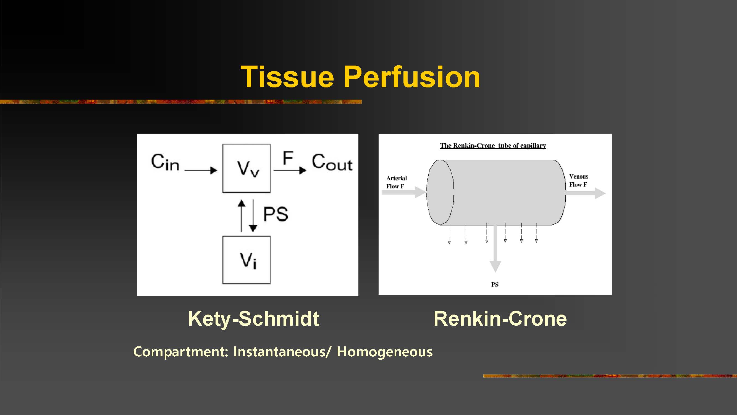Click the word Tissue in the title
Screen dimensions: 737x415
287,77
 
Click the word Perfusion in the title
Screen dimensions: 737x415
412,77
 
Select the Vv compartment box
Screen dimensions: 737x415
246,168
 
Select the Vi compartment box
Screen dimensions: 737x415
246,260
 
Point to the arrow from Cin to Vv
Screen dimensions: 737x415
201,170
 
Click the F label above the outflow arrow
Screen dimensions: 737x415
288,158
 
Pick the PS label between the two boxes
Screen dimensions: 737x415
276,214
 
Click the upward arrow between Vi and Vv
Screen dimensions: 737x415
242,216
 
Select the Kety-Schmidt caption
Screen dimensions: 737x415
253,318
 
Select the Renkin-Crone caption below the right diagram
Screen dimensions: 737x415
500,318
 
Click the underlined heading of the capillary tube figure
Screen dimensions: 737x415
493,146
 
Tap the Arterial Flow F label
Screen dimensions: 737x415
396,182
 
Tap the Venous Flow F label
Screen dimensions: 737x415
578,180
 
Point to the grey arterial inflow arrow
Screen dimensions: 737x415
404,192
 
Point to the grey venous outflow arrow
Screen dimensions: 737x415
586,193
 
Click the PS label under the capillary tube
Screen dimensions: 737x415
495,284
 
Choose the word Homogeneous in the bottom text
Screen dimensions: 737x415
384,352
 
